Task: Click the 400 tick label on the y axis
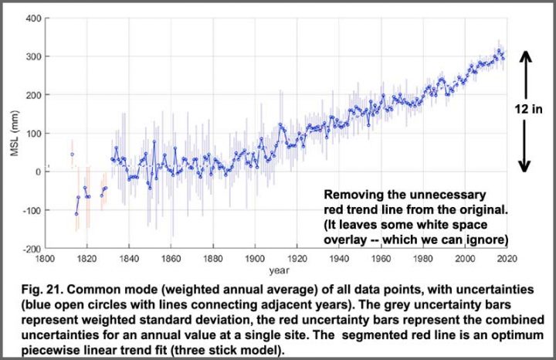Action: pyautogui.click(x=32, y=18)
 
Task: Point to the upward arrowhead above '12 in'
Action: pyautogui.click(x=524, y=55)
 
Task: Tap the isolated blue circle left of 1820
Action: pyautogui.click(x=73, y=155)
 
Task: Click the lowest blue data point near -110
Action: pyautogui.click(x=76, y=214)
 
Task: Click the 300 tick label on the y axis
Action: pyautogui.click(x=32, y=56)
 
